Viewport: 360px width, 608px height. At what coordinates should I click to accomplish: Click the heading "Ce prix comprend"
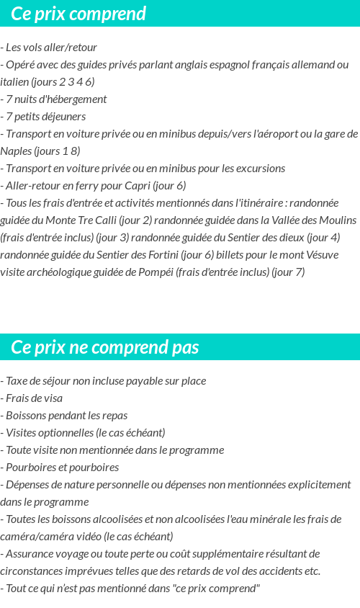[x=79, y=14]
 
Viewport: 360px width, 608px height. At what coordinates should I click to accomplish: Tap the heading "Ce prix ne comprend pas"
[x=105, y=348]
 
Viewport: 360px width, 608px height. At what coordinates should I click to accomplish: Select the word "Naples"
[x=16, y=151]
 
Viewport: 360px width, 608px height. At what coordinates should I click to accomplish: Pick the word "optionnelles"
[x=66, y=433]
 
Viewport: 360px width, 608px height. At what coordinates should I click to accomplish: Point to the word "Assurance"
[x=27, y=554]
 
